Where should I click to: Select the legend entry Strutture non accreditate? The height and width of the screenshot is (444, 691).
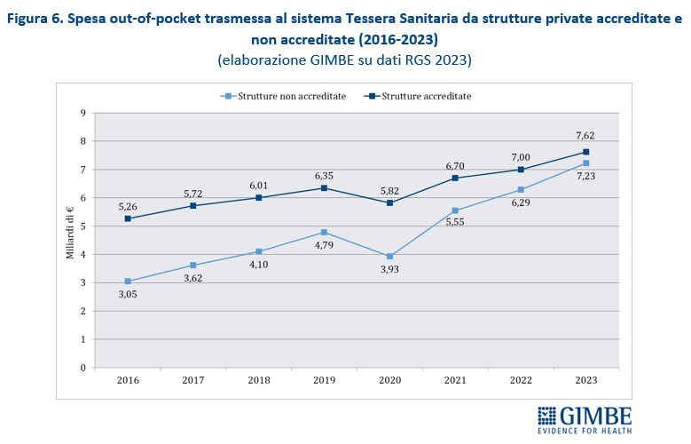[284, 96]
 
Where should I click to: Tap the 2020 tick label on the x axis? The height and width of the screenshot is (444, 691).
[389, 380]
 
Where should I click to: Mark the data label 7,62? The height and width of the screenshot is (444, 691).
[585, 136]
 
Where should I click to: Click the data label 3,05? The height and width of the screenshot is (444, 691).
[128, 297]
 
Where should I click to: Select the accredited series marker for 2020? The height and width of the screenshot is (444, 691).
[389, 202]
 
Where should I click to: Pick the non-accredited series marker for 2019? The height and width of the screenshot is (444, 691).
[324, 232]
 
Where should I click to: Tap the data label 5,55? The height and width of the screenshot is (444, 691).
[454, 226]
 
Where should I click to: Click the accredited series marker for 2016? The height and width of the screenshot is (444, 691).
[128, 218]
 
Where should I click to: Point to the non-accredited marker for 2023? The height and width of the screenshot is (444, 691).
[585, 163]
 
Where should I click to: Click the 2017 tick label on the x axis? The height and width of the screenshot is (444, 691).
[193, 380]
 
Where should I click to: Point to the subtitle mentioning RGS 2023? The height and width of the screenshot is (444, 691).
[344, 60]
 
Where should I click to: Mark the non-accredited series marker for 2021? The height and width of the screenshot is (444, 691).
[455, 210]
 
